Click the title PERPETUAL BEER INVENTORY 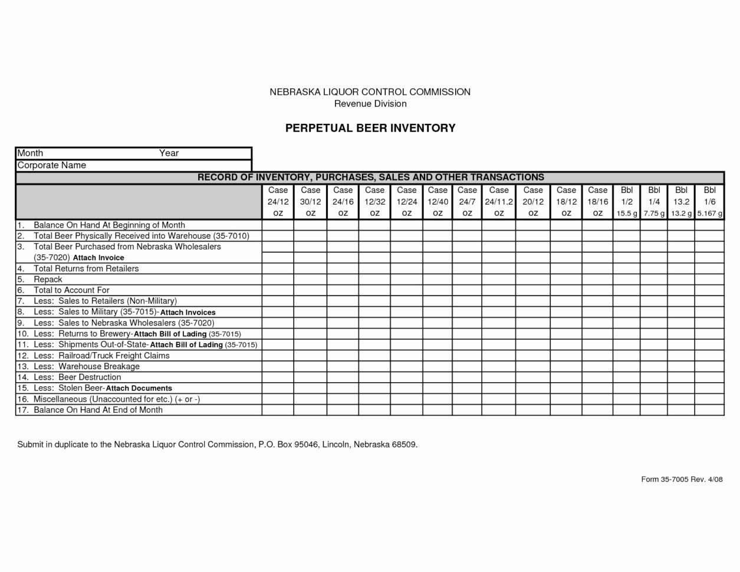click(x=370, y=128)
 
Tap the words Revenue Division click(x=370, y=104)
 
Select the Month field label click(x=30, y=153)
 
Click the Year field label click(x=169, y=153)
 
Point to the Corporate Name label click(x=52, y=165)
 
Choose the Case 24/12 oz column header click(x=278, y=202)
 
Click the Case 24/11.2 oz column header click(x=499, y=202)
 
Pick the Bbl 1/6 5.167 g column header click(x=709, y=202)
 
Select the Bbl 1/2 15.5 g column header click(x=626, y=202)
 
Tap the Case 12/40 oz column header click(x=438, y=202)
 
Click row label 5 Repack click(x=47, y=280)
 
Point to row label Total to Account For click(x=71, y=290)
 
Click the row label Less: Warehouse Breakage click(x=87, y=366)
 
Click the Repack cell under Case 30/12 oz click(x=310, y=280)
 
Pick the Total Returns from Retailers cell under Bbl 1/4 click(x=654, y=268)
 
